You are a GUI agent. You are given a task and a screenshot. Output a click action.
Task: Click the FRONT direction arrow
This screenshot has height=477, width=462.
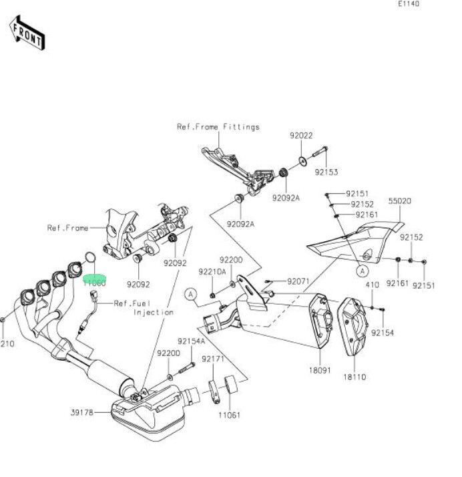pos(27,33)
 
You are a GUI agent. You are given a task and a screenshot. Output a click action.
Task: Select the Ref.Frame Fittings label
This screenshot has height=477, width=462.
pos(218,126)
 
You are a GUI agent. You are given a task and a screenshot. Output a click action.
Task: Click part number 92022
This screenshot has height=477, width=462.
pos(300,136)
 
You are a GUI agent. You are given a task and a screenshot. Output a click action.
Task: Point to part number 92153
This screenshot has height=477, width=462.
pos(326,171)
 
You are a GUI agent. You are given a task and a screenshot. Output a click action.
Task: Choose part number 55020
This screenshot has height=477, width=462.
pos(399,200)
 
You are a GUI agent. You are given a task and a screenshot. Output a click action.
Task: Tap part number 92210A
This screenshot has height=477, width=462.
pos(211,272)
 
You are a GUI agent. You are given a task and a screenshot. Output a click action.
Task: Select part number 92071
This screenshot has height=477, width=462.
pos(298,281)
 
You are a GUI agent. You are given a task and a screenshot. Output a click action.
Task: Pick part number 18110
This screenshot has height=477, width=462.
pos(355,377)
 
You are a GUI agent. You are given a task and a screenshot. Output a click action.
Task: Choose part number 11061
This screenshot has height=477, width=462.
pos(230,414)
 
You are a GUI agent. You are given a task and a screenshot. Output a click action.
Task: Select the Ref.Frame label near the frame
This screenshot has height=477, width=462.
pos(67,228)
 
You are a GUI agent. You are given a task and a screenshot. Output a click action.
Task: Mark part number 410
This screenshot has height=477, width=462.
pos(372,285)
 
